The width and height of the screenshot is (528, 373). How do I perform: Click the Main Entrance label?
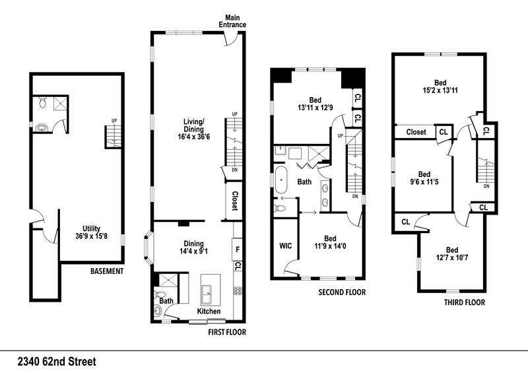pyautogui.click(x=235, y=20)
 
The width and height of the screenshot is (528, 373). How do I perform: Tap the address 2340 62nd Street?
pyautogui.click(x=57, y=361)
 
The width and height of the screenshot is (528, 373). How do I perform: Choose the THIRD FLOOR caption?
pyautogui.click(x=465, y=302)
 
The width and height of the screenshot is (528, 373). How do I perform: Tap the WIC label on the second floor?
pyautogui.click(x=286, y=245)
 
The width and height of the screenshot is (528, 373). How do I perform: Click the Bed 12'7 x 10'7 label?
pyautogui.click(x=452, y=254)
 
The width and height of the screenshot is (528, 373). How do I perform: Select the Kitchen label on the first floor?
pyautogui.click(x=210, y=312)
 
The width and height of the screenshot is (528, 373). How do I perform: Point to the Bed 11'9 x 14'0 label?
pyautogui.click(x=330, y=243)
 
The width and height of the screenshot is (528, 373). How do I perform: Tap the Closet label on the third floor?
pyautogui.click(x=416, y=132)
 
